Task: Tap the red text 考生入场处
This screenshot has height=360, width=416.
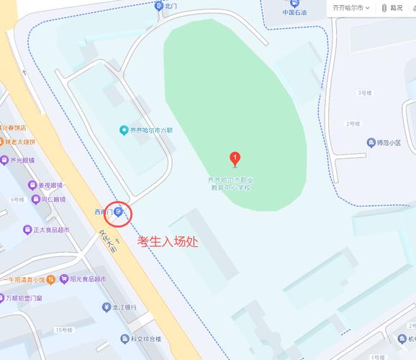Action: (x=168, y=242)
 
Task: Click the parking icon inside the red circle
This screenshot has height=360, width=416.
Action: (x=117, y=212)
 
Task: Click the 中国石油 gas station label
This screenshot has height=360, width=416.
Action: (x=294, y=12)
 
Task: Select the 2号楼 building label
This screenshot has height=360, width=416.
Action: (x=352, y=124)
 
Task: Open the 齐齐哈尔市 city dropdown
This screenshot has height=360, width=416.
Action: (x=351, y=7)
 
